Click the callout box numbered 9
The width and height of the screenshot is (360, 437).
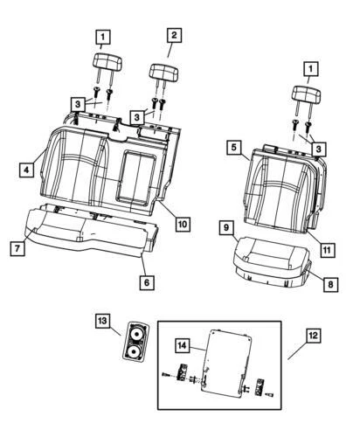pos(226,228)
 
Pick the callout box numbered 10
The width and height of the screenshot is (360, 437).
pos(183,224)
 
